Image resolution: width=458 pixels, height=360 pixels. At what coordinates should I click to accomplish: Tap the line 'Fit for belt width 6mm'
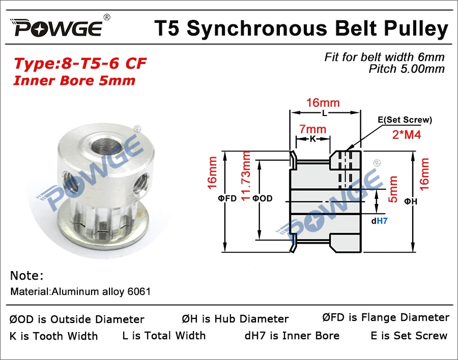point(384,57)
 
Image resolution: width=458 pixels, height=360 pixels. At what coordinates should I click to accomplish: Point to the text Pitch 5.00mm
point(407,69)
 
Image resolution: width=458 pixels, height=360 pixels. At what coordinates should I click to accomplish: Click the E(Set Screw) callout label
point(405,120)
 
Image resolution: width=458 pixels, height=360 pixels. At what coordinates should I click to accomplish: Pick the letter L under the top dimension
point(324,113)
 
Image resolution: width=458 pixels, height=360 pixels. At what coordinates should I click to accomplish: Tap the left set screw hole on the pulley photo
point(65,178)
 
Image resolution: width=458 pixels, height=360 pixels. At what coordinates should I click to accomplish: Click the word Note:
point(26,276)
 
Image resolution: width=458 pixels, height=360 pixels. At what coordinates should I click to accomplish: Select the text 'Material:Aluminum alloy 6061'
point(80,292)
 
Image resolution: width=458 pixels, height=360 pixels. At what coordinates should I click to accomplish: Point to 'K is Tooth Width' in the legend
point(53,336)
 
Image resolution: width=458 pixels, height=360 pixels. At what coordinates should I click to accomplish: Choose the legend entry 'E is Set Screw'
point(409,336)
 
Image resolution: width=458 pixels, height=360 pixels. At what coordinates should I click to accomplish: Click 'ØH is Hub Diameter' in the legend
point(235,319)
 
